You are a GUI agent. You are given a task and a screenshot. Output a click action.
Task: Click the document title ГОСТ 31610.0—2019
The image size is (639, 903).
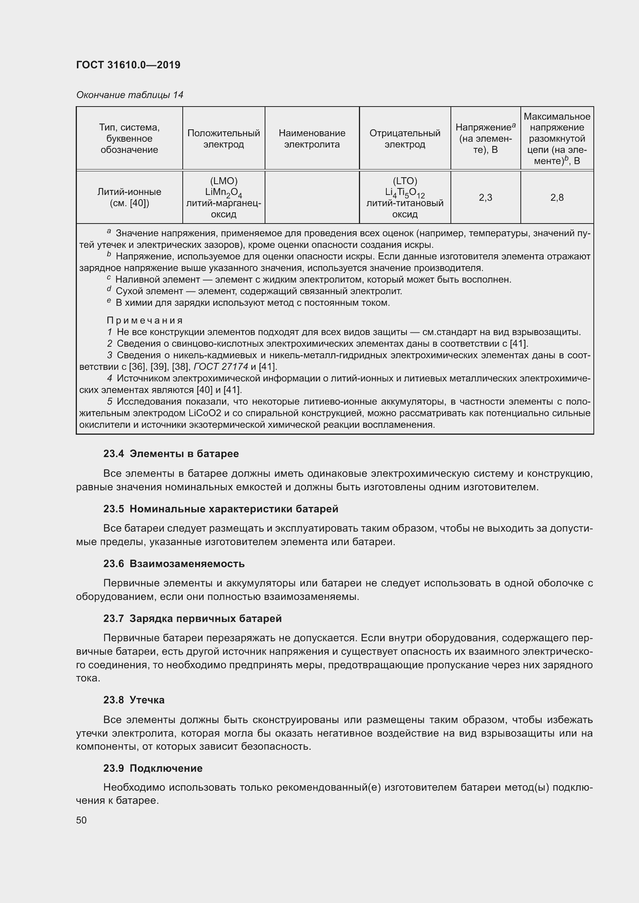point(128,65)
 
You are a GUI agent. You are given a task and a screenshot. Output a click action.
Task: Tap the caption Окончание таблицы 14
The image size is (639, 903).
point(130,95)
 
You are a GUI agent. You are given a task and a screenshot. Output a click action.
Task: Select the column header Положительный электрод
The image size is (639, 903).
point(223,139)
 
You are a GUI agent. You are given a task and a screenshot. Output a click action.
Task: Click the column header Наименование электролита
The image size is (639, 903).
point(312,139)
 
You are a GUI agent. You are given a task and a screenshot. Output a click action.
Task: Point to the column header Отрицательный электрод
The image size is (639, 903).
point(404,139)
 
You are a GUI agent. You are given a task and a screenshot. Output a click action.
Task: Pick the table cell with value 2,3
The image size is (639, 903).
point(485,197)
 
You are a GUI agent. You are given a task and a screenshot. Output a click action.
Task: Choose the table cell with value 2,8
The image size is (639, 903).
point(557,197)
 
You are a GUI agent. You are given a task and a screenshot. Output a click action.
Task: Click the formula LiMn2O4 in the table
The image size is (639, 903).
point(223,193)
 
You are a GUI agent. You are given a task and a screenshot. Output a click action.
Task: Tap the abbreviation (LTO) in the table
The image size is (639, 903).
point(404,181)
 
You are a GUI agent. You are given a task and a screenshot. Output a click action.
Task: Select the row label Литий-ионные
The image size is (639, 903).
point(129,192)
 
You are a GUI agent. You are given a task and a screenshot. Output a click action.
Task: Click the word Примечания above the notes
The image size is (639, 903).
point(145,320)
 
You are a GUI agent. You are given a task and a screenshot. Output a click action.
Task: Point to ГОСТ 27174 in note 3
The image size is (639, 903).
point(221,366)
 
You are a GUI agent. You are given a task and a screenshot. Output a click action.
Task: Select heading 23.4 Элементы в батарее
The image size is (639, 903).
point(171,454)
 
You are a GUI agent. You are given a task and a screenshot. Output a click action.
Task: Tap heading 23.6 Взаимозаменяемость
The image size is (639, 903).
point(174,564)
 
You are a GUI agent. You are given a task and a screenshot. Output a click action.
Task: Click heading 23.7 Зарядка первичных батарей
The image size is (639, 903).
point(192,618)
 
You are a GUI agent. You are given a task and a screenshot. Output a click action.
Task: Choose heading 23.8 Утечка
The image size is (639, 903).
point(134,700)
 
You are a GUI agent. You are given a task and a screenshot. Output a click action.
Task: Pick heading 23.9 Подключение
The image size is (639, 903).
point(153,768)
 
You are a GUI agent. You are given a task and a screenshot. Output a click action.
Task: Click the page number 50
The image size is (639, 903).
point(82,820)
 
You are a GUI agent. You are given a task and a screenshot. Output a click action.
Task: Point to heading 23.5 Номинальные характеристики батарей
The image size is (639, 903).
point(221,509)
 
